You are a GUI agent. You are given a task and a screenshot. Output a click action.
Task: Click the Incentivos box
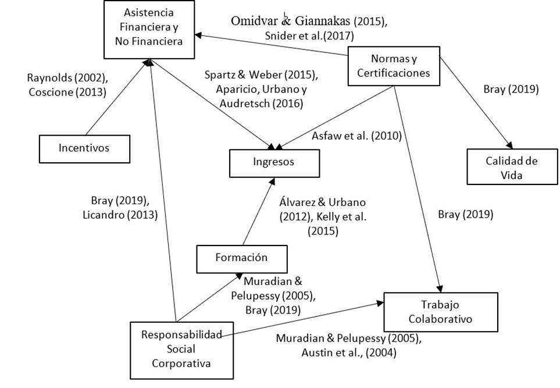pyautogui.click(x=84, y=148)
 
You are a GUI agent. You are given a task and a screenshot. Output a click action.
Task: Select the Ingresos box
pyautogui.click(x=274, y=163)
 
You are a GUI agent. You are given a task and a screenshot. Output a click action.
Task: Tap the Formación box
pyautogui.click(x=242, y=258)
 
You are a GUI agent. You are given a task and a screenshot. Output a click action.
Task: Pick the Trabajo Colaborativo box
pyautogui.click(x=440, y=312)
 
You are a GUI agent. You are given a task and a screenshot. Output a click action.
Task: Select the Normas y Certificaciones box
pyautogui.click(x=394, y=66)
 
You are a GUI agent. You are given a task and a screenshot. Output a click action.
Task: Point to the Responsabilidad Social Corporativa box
pyautogui.click(x=174, y=348)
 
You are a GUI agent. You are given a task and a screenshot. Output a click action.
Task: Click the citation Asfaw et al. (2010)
pyautogui.click(x=356, y=136)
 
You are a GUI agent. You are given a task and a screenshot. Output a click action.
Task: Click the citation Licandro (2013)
pyautogui.click(x=121, y=214)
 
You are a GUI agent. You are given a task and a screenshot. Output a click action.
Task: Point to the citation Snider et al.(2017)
pyautogui.click(x=308, y=35)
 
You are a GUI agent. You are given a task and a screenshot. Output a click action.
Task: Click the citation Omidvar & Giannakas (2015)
pyautogui.click(x=309, y=22)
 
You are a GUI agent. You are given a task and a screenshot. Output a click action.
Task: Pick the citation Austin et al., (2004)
pyautogui.click(x=349, y=352)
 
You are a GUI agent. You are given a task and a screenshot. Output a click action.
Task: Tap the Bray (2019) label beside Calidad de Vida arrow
pyautogui.click(x=511, y=90)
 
